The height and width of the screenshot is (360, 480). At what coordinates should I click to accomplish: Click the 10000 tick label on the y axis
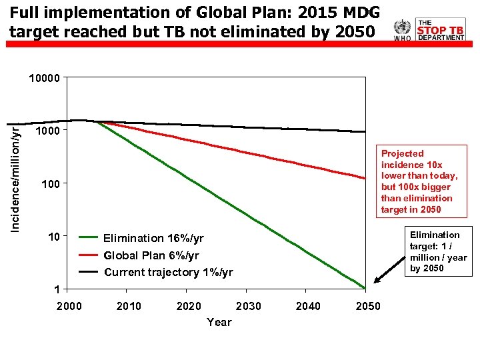(x=45, y=78)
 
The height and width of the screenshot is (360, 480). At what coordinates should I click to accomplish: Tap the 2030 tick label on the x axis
(x=248, y=306)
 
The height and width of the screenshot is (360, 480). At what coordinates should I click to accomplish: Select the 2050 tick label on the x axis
(x=368, y=306)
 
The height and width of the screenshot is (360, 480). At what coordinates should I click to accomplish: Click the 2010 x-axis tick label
(x=129, y=306)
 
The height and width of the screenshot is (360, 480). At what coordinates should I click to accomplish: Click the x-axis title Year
(x=219, y=323)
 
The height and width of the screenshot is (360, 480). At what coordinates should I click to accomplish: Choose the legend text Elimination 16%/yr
(x=153, y=239)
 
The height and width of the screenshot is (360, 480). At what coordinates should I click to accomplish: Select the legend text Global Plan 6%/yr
(x=151, y=255)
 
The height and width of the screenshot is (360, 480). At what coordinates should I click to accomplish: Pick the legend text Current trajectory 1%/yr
(x=169, y=272)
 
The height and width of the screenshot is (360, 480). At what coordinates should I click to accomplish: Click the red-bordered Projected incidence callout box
(x=419, y=181)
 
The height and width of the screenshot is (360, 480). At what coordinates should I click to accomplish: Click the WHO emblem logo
(x=402, y=30)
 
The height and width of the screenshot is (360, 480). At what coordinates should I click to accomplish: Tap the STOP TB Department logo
(x=440, y=30)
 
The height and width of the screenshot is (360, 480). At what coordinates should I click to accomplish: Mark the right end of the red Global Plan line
(x=365, y=178)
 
